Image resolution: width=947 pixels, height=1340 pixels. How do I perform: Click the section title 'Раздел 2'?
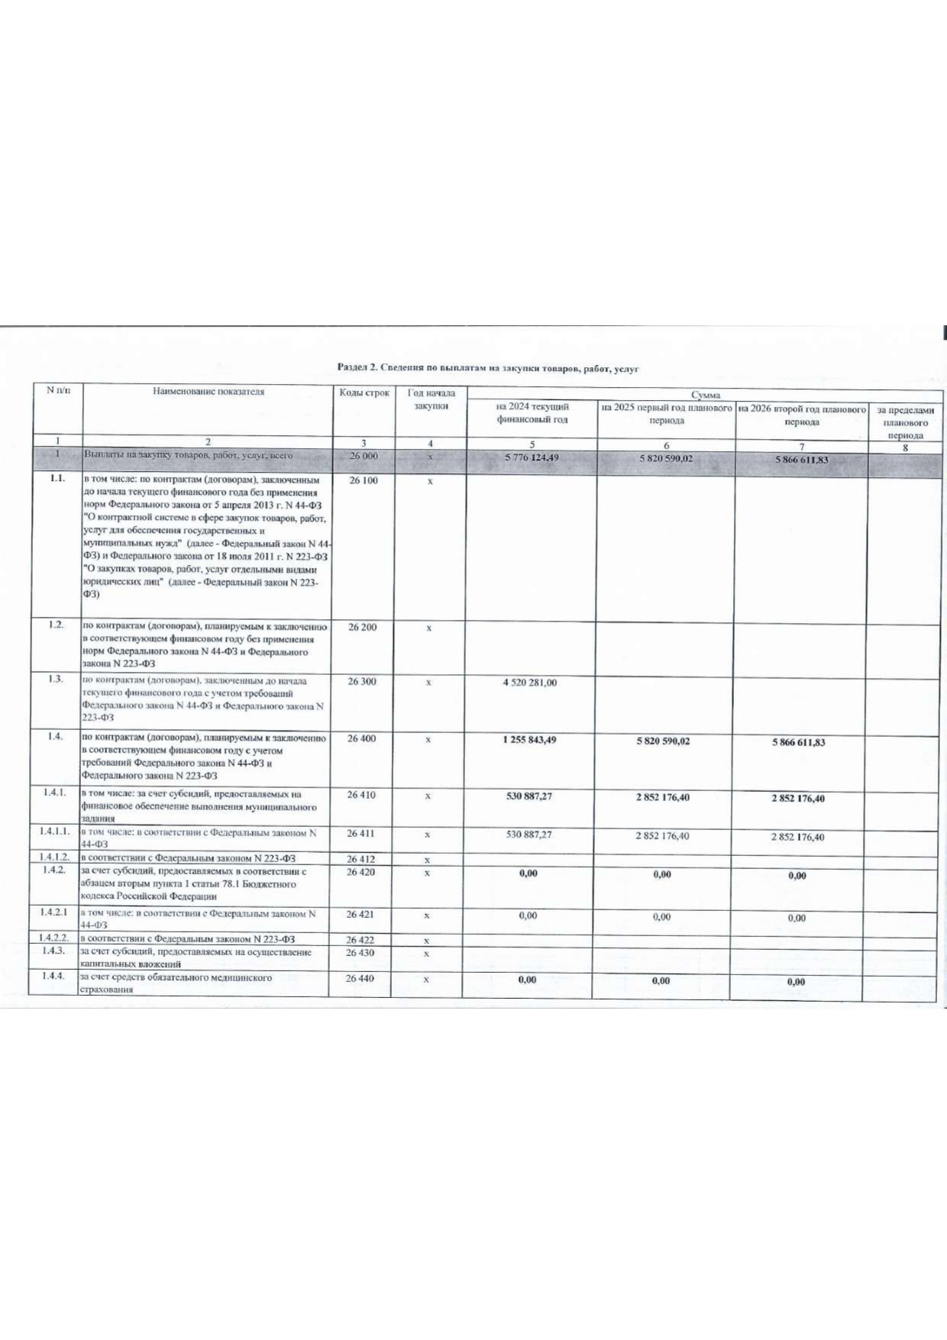[488, 369]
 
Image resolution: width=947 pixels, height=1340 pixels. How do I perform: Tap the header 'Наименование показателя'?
[208, 392]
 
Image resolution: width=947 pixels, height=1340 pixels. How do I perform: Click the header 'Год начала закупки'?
[431, 399]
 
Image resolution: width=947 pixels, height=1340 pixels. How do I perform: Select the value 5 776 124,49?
[532, 458]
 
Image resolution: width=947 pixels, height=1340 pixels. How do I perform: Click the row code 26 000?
[363, 457]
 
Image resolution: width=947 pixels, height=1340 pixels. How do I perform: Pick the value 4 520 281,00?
[529, 683]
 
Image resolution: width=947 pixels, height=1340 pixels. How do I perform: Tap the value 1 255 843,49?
[529, 740]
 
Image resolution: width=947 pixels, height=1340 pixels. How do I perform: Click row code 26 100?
[363, 481]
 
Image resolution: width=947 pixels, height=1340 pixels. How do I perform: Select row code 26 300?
[362, 681]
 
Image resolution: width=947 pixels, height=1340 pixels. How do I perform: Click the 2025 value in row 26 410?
[662, 797]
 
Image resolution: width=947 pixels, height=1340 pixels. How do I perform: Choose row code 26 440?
[360, 978]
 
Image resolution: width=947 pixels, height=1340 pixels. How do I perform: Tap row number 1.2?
[55, 625]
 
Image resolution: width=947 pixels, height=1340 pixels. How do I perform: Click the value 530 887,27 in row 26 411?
[529, 835]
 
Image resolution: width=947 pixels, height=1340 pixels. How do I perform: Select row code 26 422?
[360, 940]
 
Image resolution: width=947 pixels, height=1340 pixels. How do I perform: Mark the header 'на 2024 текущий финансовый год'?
[532, 413]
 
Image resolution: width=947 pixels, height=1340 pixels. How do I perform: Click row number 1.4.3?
[53, 951]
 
